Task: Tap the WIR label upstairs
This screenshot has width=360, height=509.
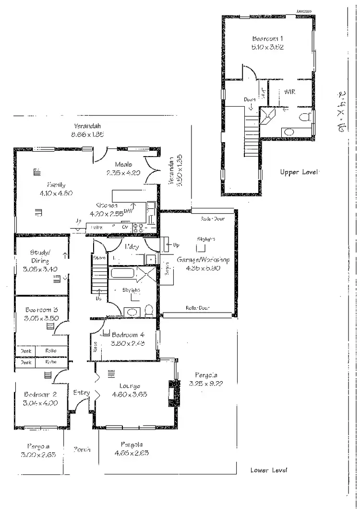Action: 290,91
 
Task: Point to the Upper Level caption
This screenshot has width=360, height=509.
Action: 300,171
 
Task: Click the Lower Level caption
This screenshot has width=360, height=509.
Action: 269,470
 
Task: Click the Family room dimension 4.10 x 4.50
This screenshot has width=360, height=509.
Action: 56,193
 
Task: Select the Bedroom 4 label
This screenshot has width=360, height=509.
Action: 128,334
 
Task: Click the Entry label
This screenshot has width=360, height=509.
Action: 82,393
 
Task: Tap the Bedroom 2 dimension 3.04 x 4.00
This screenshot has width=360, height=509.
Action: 40,403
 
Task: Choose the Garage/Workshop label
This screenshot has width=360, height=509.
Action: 203,259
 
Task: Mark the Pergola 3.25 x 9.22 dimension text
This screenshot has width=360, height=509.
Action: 207,383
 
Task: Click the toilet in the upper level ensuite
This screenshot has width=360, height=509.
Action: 303,117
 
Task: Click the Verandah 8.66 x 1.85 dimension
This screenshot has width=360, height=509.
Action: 87,135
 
